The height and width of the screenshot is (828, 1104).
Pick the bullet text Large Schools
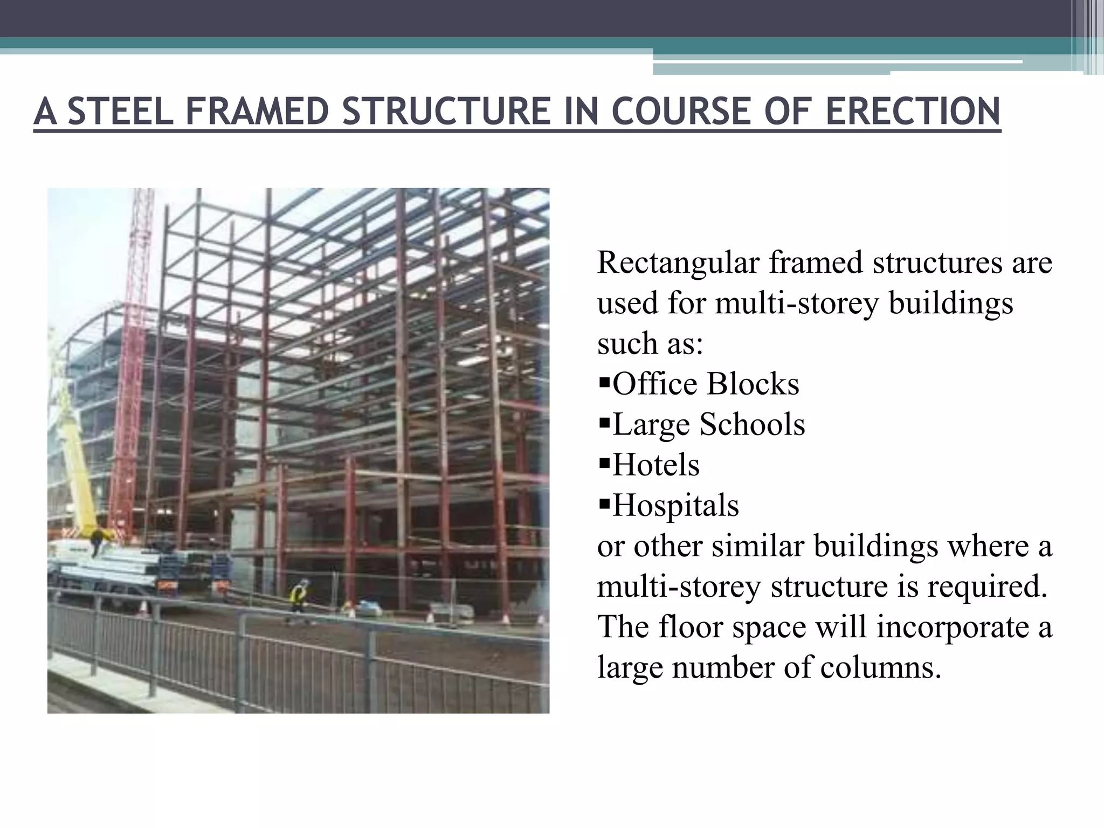pos(708,425)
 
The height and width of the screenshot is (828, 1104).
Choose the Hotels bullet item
pos(655,465)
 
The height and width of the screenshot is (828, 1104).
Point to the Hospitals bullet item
pos(675,506)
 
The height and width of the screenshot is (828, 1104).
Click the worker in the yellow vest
pos(298,598)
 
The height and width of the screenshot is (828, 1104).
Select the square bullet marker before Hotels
pos(604,464)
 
